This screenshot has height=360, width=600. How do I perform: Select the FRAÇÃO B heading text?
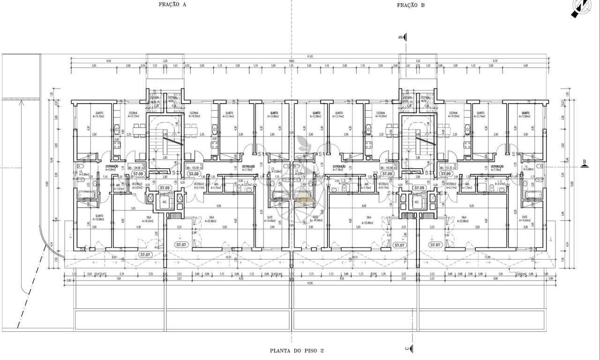[411, 5]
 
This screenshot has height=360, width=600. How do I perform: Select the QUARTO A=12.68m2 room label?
[98, 217]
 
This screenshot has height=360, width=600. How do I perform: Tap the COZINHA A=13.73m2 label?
[128, 115]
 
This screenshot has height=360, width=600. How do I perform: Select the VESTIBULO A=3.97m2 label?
[137, 186]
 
